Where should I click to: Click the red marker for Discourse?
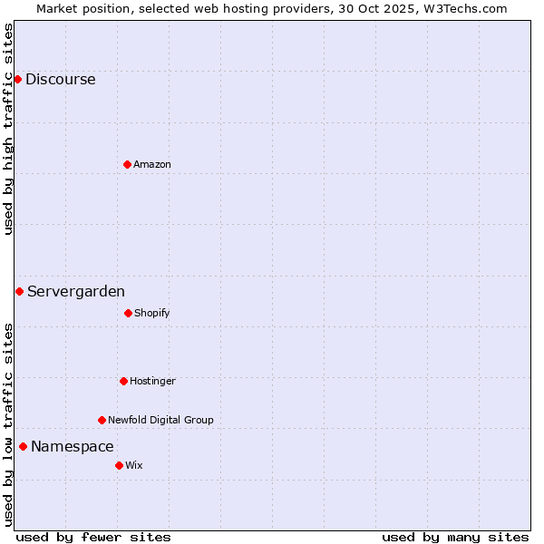17,79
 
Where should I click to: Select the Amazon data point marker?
127,164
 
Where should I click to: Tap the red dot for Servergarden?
19,291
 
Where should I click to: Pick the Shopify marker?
128,313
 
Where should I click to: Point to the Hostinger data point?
123,381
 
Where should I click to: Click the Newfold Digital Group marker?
102,420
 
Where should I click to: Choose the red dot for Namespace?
23,446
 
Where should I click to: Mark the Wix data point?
119,465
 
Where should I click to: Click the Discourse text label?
60,79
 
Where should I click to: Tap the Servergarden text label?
76,291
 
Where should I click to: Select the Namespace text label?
73,446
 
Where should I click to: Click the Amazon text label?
152,164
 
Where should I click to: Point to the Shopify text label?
152,313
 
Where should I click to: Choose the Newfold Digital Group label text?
160,420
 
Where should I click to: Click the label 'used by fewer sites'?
93,537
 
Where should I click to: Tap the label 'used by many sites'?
455,537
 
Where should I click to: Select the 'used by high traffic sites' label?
8,129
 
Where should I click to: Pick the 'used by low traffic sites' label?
8,424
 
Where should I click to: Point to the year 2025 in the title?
398,8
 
